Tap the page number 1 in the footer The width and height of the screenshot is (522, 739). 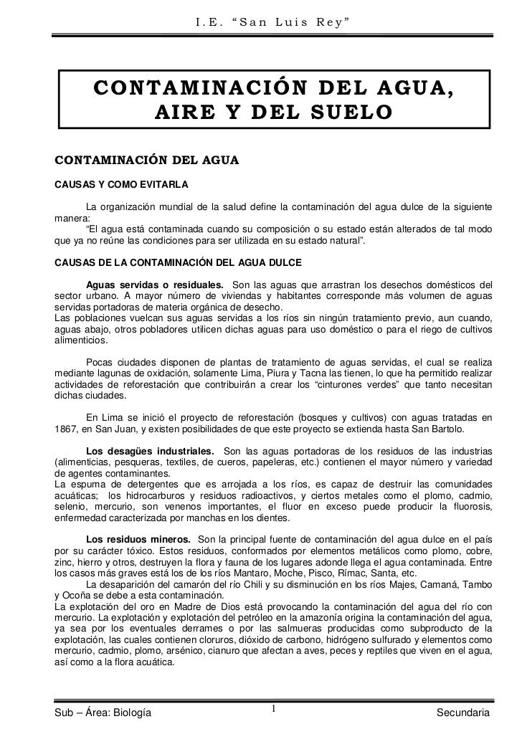click(274, 710)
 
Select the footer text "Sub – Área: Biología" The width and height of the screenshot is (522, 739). click(103, 712)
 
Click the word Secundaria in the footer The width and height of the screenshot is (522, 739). click(465, 712)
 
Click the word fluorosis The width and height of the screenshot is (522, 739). click(468, 507)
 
